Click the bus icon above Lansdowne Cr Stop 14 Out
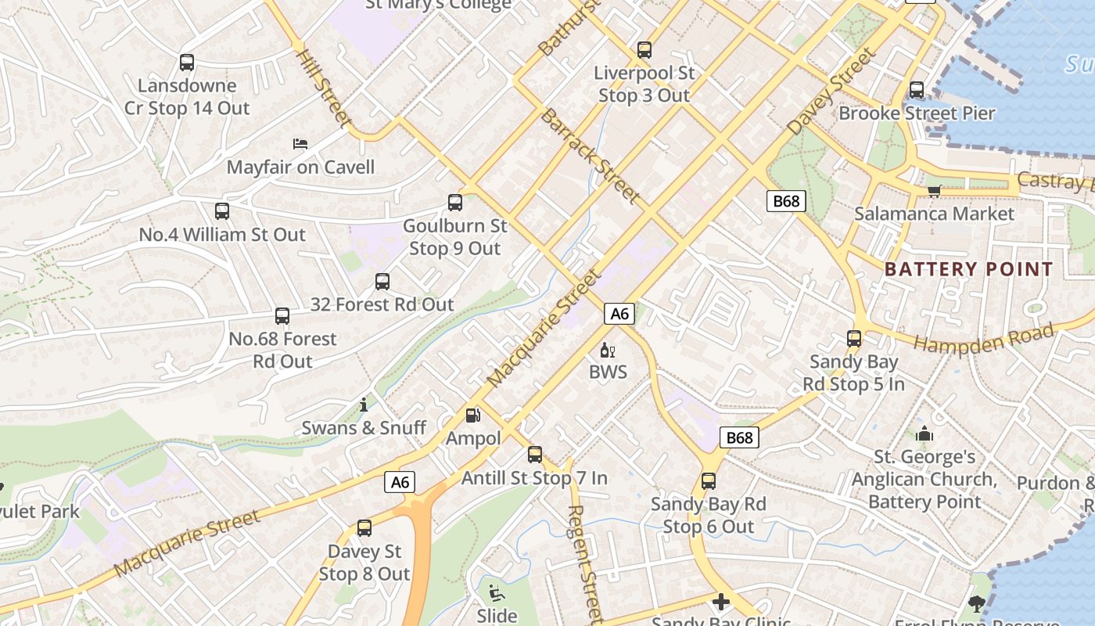(186, 63)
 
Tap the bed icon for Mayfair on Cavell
(300, 144)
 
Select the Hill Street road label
(323, 88)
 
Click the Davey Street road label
(831, 92)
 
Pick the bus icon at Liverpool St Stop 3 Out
(644, 50)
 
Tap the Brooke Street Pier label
(917, 113)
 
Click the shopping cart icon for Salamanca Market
(934, 191)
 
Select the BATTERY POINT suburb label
(969, 269)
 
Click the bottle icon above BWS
(608, 350)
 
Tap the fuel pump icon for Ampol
(472, 416)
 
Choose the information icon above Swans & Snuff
(364, 405)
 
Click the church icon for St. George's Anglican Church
(924, 434)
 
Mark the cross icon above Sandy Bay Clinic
(720, 602)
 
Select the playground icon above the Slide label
(497, 592)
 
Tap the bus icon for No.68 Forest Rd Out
(282, 316)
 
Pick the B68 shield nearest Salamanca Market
(786, 201)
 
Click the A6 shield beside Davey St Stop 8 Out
(400, 482)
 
